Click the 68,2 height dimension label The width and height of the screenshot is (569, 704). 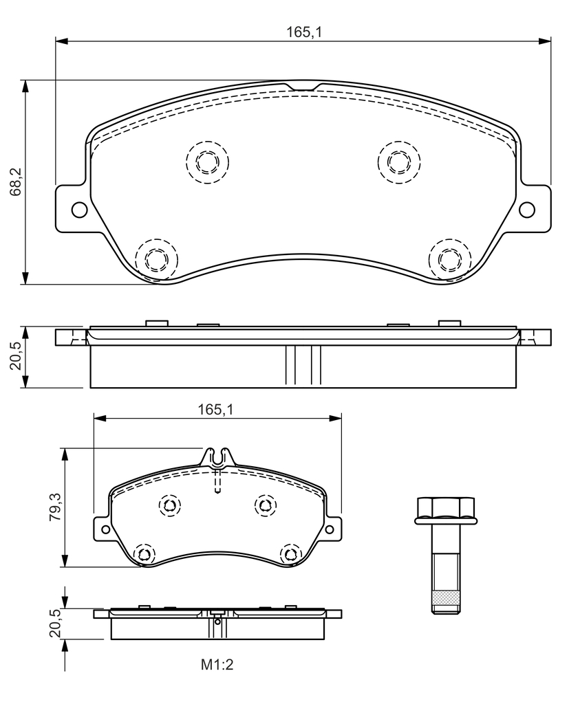click(x=17, y=181)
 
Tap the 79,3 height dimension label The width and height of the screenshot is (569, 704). click(x=56, y=507)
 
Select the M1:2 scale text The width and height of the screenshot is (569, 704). click(x=217, y=665)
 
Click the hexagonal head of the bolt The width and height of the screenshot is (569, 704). click(x=445, y=511)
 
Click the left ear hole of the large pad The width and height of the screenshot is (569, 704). click(x=79, y=210)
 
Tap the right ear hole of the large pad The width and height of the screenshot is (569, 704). click(x=527, y=210)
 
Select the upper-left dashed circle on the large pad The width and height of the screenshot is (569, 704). click(x=208, y=162)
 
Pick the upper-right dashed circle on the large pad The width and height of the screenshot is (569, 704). click(x=400, y=162)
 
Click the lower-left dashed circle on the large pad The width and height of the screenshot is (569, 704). click(x=156, y=259)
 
